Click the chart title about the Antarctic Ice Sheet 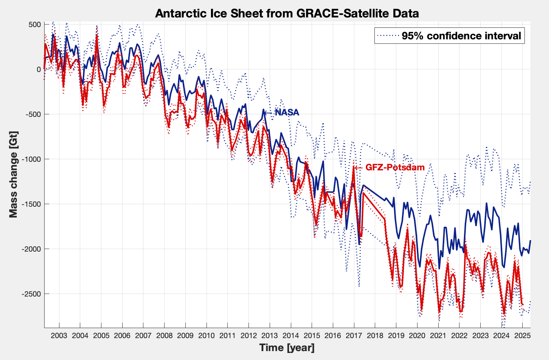287,13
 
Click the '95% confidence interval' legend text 461,36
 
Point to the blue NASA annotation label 287,112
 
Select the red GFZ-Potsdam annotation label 395,167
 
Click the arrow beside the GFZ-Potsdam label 358,168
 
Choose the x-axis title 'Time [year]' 287,348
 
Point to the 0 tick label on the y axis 38,69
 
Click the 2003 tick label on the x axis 59,336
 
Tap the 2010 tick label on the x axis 206,336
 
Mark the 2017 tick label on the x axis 354,336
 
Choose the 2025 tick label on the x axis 522,336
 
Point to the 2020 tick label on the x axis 417,336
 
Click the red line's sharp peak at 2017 354,168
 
